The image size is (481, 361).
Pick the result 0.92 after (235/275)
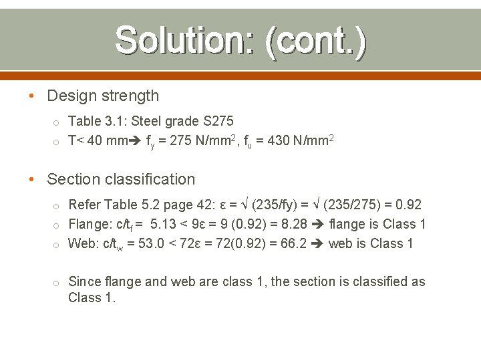tap(408, 205)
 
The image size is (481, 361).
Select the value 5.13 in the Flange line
tap(164, 224)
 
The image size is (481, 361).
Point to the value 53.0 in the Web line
tap(152, 243)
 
